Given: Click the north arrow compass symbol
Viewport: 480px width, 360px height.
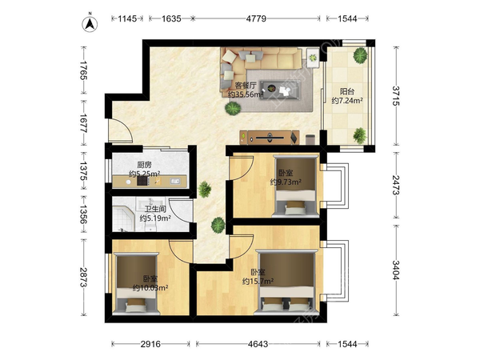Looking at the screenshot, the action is coord(90,23).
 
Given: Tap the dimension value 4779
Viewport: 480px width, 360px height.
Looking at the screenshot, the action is coord(256,18).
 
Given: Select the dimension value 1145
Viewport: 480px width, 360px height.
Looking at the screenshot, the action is coord(127,18).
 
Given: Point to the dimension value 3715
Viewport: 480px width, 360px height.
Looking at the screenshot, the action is coord(396,96).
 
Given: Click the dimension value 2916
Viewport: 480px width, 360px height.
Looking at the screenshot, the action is coord(150,344).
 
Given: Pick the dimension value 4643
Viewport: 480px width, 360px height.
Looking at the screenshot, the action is coord(258,344).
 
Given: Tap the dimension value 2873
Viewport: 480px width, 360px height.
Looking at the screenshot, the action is coord(83,278).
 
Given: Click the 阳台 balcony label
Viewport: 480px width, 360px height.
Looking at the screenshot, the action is coord(347,91).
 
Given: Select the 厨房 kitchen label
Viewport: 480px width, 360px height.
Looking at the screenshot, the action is coord(144,165).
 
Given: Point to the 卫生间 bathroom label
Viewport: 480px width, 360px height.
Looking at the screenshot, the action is coord(155,209).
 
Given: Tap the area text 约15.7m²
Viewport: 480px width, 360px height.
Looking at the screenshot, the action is coord(258,281).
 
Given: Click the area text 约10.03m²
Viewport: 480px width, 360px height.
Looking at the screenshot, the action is coord(150,288).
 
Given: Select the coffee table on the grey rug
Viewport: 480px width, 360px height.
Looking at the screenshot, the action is coord(282,90).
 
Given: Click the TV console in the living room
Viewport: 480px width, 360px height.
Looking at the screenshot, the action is coord(270,137).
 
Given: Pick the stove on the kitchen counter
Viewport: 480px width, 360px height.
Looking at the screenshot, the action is coord(142,182).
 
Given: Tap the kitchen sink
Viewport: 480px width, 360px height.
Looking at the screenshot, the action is coord(174,182).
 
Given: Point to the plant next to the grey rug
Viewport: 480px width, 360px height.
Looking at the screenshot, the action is coord(234,108).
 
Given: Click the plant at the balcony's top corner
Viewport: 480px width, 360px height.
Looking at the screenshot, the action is coord(360,55).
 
